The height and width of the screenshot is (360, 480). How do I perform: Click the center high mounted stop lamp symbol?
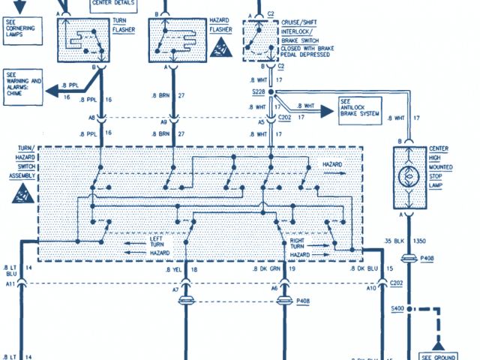point(410,178)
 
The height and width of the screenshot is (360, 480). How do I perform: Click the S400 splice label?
point(397,309)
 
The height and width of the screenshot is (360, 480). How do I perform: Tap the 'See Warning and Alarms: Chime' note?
point(24,88)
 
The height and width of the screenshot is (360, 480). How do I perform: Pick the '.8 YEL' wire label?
point(174,268)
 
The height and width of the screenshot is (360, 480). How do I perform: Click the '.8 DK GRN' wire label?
point(267,268)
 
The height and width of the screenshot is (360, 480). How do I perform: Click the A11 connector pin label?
point(10,284)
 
